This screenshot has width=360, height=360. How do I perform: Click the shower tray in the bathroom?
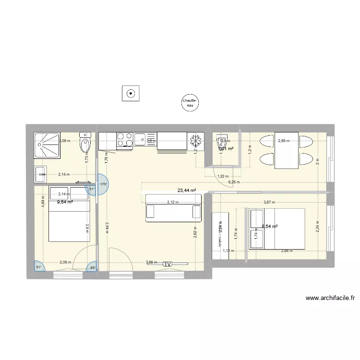(47, 145)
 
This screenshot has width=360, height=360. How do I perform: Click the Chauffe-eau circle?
(190, 102)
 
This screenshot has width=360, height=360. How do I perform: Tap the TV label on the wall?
(167, 264)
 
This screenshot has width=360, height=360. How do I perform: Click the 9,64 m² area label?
(65, 202)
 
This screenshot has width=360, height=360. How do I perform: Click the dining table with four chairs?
(286, 151)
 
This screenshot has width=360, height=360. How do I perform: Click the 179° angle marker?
(103, 184)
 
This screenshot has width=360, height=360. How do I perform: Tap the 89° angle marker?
(93, 268)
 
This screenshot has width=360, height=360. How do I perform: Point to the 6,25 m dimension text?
(234, 182)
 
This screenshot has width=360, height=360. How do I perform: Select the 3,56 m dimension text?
(151, 263)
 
